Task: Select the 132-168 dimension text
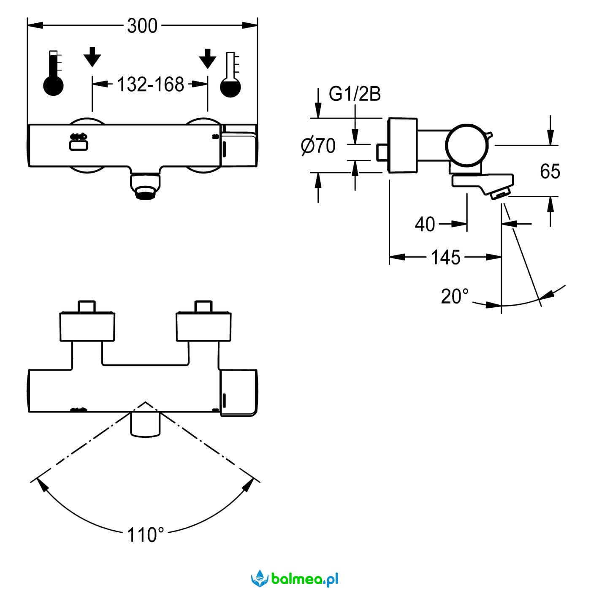coord(150,84)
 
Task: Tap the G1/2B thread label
coord(355,94)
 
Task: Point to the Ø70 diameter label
coord(318,146)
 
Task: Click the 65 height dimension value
coord(550,171)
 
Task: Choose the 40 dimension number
coord(425,224)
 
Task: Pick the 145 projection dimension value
coord(445,257)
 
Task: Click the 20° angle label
coord(455,297)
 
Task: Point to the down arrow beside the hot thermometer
coord(92,57)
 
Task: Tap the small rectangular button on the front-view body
coord(79,145)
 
